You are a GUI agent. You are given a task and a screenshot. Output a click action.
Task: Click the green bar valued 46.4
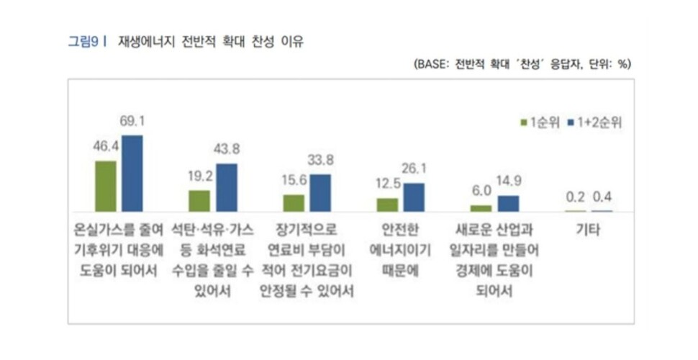106,186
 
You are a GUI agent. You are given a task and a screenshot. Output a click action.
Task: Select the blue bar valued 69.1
132,173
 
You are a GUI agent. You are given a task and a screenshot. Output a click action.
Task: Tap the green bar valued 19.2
199,201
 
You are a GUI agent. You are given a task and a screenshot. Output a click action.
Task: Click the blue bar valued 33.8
319,193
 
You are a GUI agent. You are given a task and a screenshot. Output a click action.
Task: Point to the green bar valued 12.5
387,204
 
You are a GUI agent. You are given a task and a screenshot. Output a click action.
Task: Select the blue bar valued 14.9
507,203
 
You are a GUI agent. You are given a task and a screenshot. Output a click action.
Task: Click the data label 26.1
414,169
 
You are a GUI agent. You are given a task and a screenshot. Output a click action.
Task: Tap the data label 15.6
294,181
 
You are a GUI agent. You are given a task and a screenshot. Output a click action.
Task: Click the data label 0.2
575,197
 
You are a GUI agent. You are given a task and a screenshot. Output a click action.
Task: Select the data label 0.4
602,197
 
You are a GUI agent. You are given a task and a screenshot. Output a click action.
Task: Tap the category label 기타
589,233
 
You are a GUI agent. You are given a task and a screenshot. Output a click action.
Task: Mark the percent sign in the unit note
623,64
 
